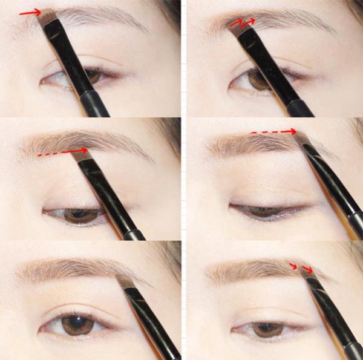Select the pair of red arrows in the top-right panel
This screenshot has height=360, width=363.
pyautogui.click(x=241, y=22)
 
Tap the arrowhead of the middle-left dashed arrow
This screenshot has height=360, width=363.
pyautogui.click(x=85, y=151)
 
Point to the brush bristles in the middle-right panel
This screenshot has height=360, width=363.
pyautogui.click(x=303, y=140)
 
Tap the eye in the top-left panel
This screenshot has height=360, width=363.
pyautogui.click(x=73, y=77)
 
